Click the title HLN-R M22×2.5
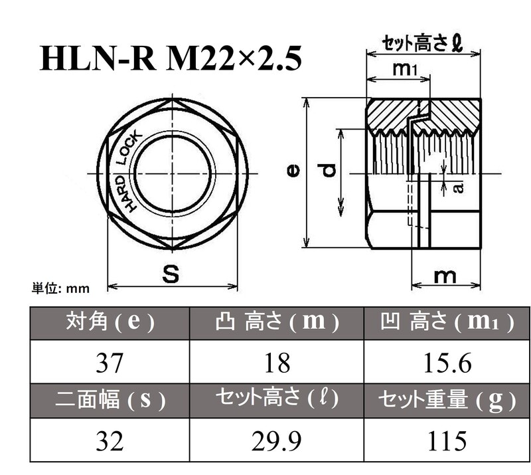tap(171, 58)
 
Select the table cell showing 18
tap(276, 363)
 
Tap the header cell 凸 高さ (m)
tap(276, 323)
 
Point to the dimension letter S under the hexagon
tap(171, 274)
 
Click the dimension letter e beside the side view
tap(293, 171)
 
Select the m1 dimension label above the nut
tap(404, 68)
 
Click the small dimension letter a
tap(457, 189)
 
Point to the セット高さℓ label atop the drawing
tap(422, 45)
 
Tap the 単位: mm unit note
tap(60, 288)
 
